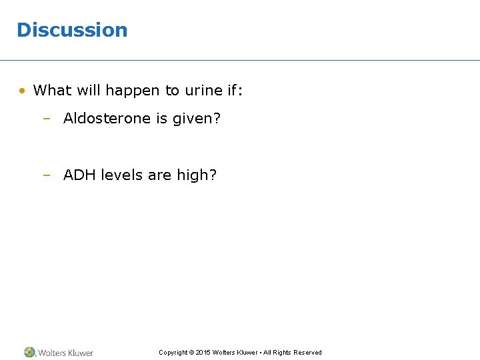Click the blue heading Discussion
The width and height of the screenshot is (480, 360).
pos(72,30)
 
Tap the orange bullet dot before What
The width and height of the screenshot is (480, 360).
pos(23,90)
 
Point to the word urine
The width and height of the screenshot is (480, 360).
pos(203,90)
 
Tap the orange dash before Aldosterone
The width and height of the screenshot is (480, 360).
pos(47,119)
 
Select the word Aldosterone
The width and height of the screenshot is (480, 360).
pos(107,119)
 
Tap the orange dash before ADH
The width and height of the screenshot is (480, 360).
pos(47,175)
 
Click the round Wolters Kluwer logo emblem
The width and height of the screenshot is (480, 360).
pos(30,352)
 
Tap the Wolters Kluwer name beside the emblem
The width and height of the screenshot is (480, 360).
pos(65,353)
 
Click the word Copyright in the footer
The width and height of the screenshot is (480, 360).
pos(173,353)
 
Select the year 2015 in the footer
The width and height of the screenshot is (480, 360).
pos(203,353)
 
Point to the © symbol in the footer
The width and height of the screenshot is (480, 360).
pos(191,353)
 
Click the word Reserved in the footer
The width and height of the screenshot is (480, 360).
pos(307,353)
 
